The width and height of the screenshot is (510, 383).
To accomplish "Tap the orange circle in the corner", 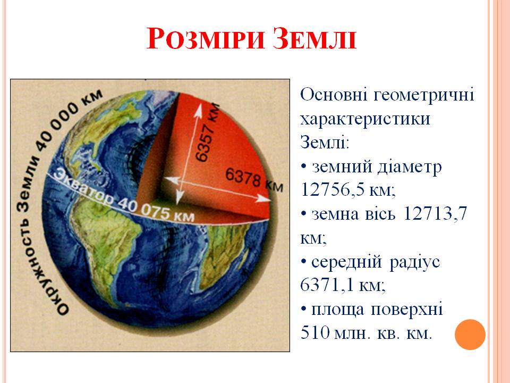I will tap(470, 334).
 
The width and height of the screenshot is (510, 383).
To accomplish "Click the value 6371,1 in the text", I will tap(329, 286).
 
